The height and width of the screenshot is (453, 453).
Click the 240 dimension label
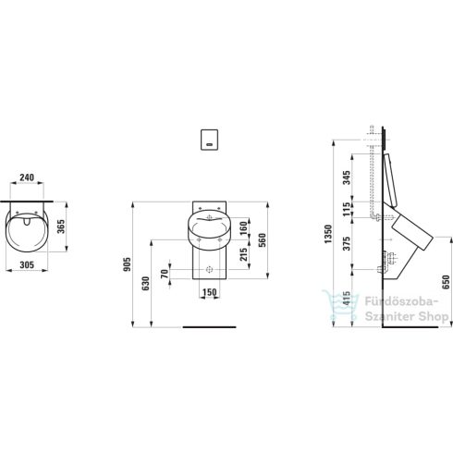pyautogui.click(x=27, y=178)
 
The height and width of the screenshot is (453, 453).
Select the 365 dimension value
pyautogui.click(x=61, y=226)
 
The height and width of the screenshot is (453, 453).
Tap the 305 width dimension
pyautogui.click(x=27, y=264)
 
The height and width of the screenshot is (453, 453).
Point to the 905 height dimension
pyautogui.click(x=127, y=264)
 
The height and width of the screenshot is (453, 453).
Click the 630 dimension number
pyautogui.click(x=146, y=284)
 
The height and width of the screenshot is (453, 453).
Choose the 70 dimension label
pyautogui.click(x=165, y=274)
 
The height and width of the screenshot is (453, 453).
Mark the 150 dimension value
pyautogui.click(x=210, y=292)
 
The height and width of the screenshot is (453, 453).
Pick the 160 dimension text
pyautogui.click(x=244, y=228)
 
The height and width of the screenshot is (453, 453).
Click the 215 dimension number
pyautogui.click(x=244, y=254)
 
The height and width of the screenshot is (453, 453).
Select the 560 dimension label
pyautogui.click(x=262, y=241)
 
